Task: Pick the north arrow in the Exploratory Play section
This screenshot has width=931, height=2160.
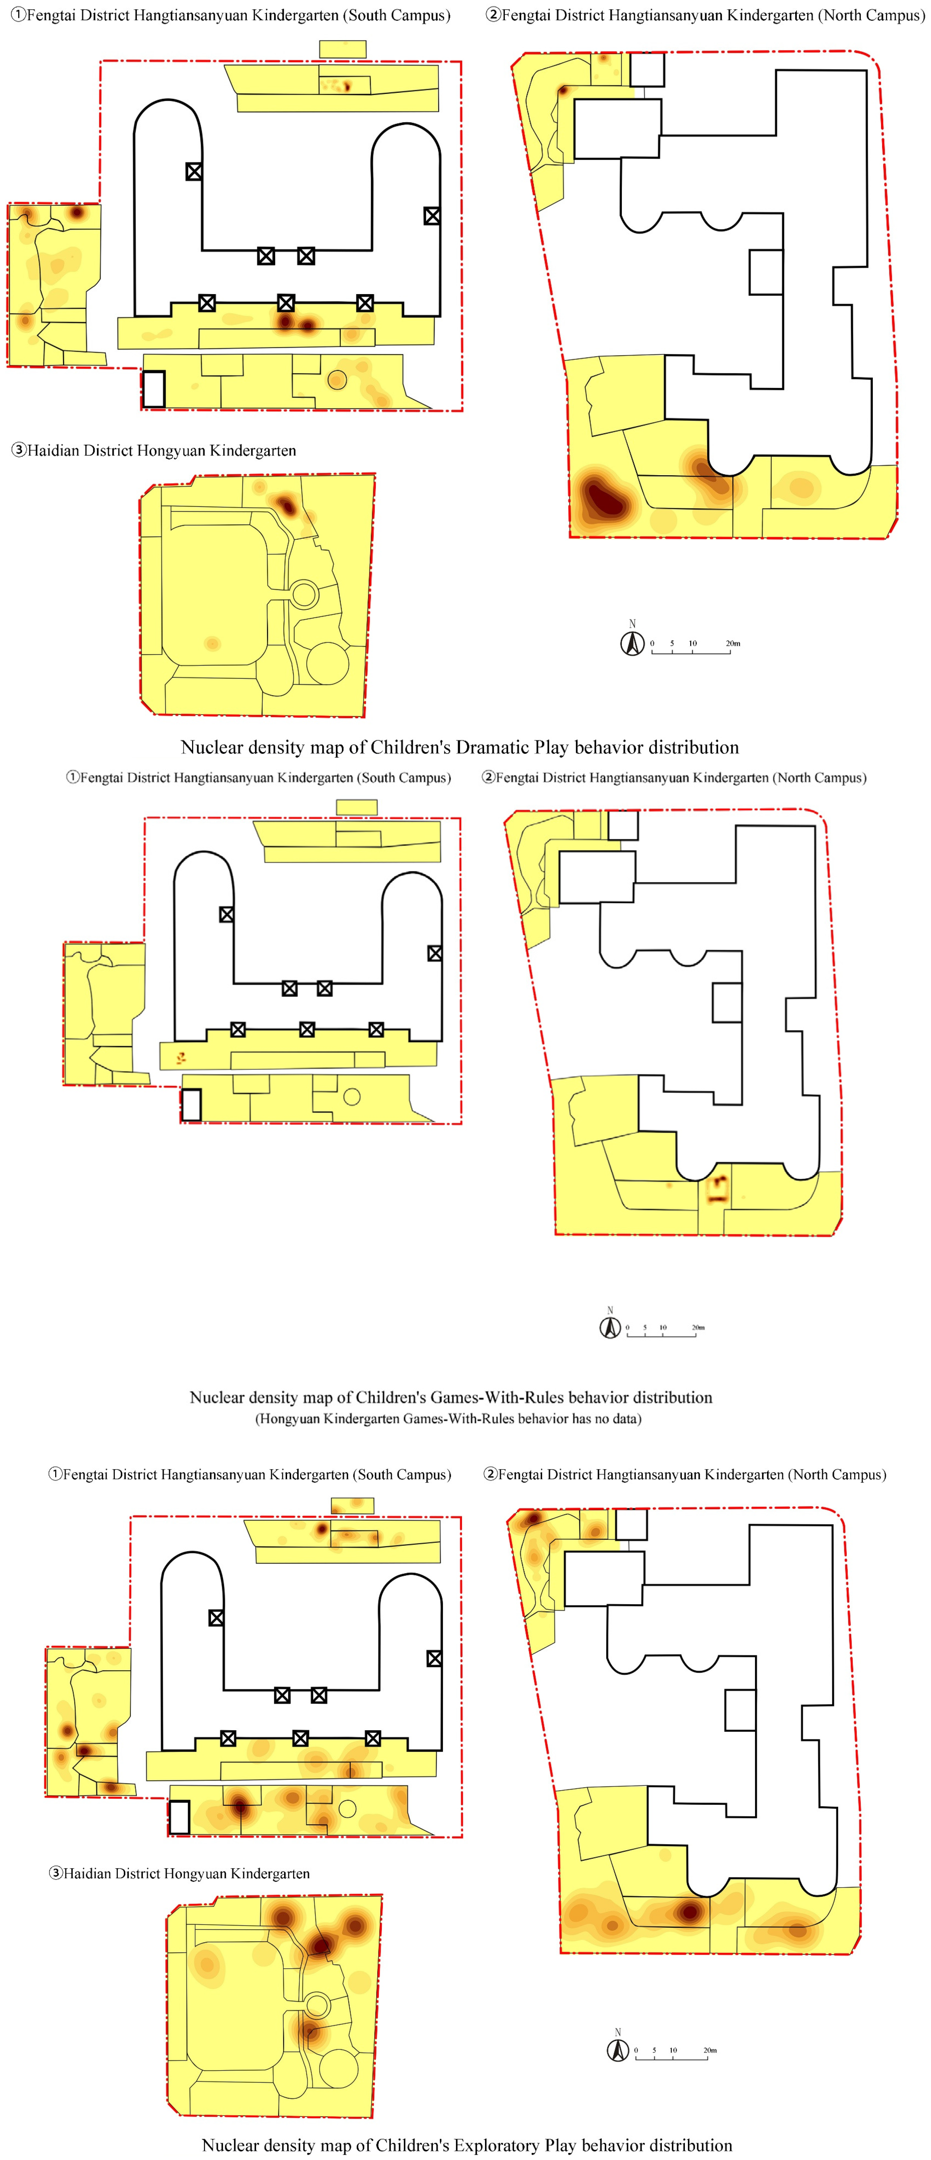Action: point(618,2049)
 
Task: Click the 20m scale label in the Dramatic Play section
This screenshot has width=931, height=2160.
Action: point(733,643)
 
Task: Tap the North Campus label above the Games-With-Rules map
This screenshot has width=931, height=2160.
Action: point(673,777)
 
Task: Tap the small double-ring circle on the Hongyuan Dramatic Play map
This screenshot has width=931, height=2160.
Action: point(303,595)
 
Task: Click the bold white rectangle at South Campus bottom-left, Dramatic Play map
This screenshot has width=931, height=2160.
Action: point(154,389)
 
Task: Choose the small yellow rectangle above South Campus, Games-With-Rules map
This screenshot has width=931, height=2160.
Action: point(356,807)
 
